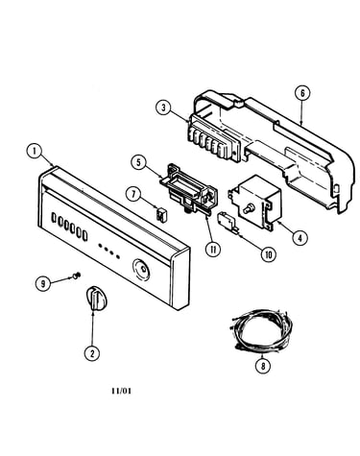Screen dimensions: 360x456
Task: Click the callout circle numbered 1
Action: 35,152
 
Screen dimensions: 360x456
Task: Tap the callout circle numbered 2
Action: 92,353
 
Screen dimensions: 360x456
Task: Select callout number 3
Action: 164,108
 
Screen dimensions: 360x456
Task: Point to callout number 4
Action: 300,237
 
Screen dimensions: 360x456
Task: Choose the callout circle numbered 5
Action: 138,162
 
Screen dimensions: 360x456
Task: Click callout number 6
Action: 302,93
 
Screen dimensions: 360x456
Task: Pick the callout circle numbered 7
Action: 133,194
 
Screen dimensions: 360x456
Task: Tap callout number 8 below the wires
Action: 263,366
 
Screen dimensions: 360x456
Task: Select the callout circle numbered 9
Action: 43,283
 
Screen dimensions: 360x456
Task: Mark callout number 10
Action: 268,254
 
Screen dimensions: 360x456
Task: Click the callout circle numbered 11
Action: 213,249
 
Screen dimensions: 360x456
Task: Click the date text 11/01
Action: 121,391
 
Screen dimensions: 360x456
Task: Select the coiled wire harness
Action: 260,329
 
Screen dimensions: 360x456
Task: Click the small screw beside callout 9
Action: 77,275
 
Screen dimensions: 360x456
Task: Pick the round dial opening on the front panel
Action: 141,270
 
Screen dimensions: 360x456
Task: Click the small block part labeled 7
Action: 160,213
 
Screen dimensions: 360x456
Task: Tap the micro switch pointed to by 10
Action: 228,222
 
